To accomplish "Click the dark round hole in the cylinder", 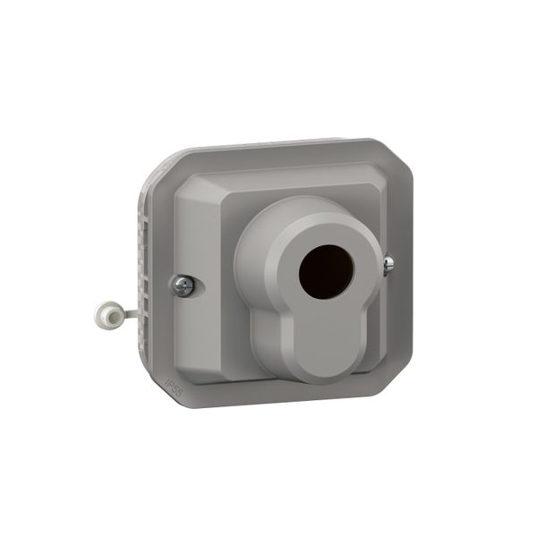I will click(x=326, y=271).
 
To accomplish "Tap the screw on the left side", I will click(x=183, y=286).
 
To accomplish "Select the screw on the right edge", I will click(x=388, y=264).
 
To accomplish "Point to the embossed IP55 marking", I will click(x=173, y=386).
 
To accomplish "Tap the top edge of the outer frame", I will click(x=268, y=145).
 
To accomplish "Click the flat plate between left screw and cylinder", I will click(x=215, y=295).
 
